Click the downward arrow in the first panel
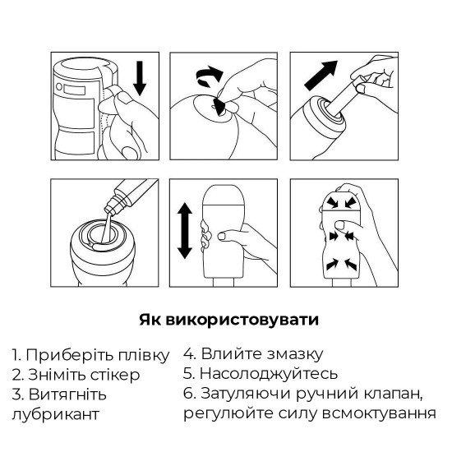coord(139,81)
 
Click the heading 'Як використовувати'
coord(225,318)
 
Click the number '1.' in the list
coord(17,356)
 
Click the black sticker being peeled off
coord(220,104)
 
